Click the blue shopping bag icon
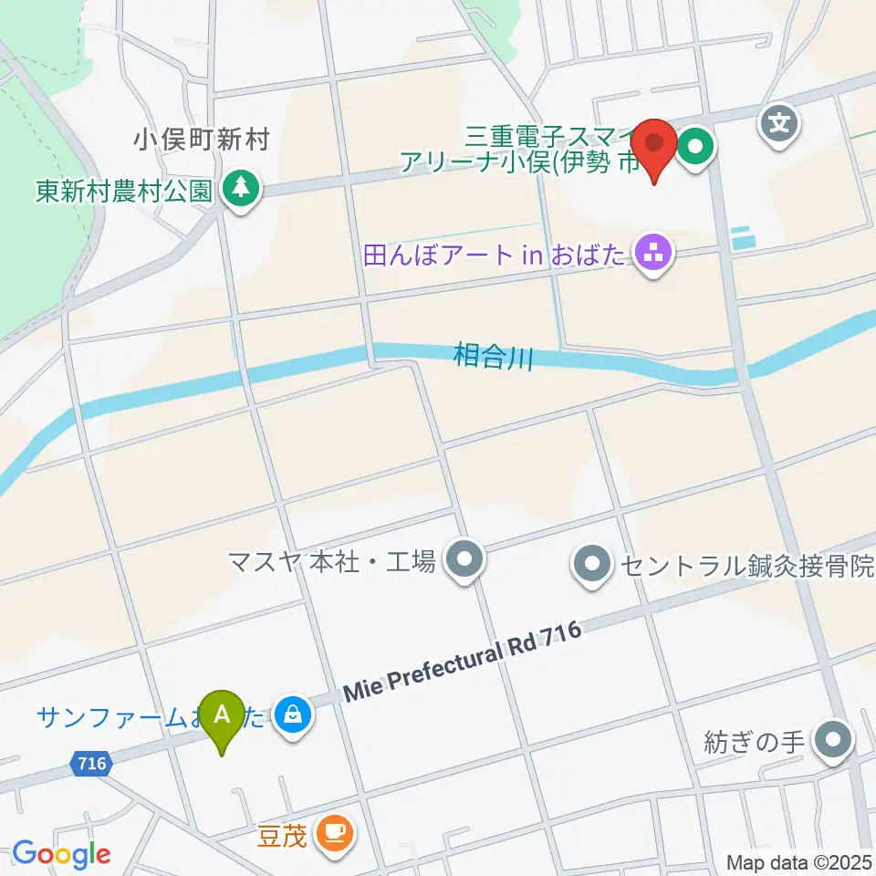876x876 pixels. (x=293, y=715)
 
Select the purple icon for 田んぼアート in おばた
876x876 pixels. (x=653, y=255)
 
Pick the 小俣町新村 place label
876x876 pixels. (x=202, y=140)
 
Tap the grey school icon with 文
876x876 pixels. (x=780, y=120)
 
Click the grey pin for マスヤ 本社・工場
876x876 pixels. (x=464, y=560)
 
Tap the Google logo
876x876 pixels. (x=61, y=854)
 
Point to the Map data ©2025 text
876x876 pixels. (x=799, y=861)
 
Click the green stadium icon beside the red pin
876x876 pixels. (x=696, y=145)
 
